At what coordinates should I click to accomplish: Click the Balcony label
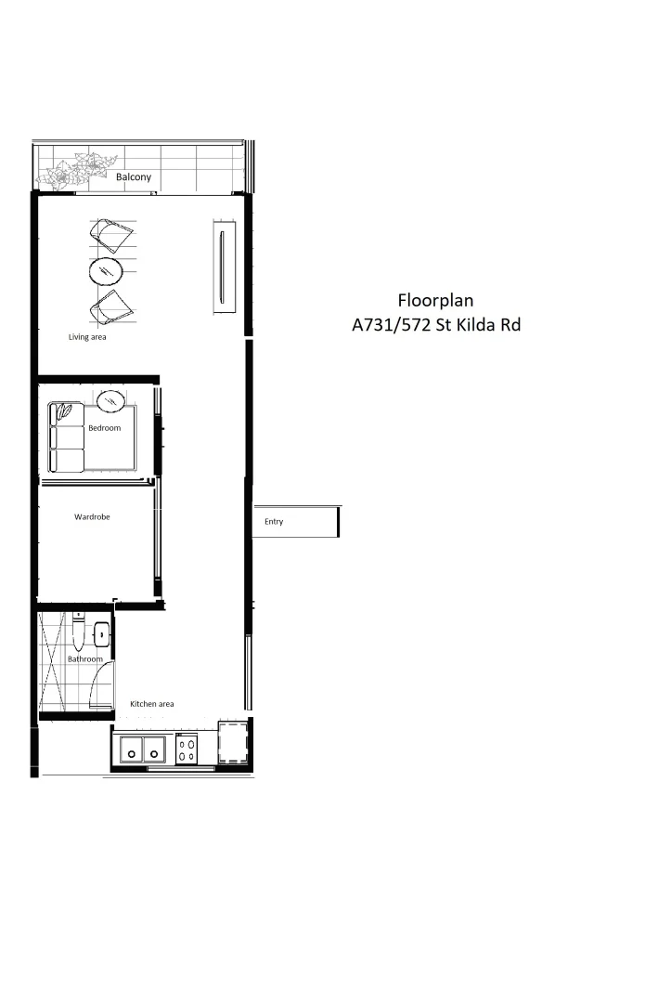click(134, 176)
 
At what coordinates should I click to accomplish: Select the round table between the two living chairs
click(106, 271)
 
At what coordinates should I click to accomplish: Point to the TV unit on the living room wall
click(222, 267)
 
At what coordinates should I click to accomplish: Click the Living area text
click(87, 337)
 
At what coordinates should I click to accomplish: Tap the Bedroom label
click(105, 428)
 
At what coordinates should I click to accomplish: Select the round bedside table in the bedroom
click(111, 400)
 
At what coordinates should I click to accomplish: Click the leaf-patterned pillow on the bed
click(65, 410)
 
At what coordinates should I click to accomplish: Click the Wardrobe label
click(92, 516)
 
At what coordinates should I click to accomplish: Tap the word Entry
click(274, 522)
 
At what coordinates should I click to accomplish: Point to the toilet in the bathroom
click(80, 634)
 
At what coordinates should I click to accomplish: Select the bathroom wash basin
click(101, 635)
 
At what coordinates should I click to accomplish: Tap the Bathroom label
click(84, 659)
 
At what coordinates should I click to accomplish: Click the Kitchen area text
click(151, 704)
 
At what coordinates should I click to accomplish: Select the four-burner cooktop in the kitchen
click(187, 749)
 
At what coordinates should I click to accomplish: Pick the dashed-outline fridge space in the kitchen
click(232, 744)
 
